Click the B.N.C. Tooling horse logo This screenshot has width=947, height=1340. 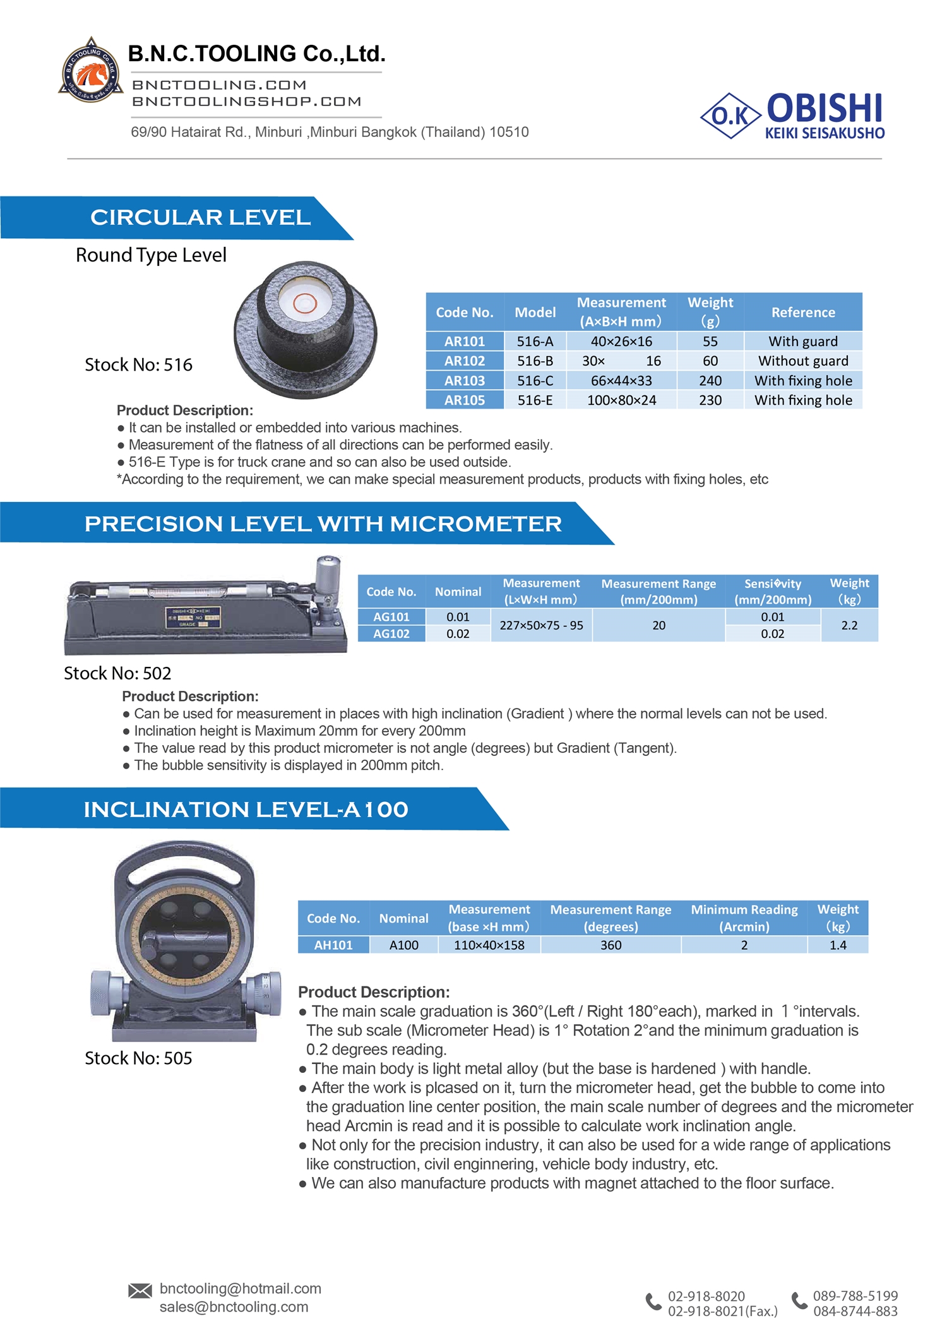click(x=91, y=71)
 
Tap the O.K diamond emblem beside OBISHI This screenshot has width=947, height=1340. click(x=730, y=116)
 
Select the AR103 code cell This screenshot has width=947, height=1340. click(x=465, y=381)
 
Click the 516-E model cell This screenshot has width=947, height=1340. click(x=535, y=400)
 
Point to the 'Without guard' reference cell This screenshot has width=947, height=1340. click(x=803, y=361)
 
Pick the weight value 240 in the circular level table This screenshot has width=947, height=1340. click(x=710, y=381)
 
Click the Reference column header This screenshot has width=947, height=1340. click(x=803, y=312)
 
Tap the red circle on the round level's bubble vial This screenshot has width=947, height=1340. click(x=305, y=304)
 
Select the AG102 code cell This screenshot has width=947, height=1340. click(x=391, y=634)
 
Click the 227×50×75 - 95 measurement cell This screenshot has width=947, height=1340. click(x=541, y=625)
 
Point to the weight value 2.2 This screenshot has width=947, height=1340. click(x=849, y=625)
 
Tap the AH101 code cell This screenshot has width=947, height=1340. click(x=333, y=945)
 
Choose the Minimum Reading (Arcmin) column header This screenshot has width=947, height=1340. click(x=744, y=918)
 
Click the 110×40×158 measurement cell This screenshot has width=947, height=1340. click(x=489, y=945)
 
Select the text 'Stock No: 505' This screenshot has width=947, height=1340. click(x=138, y=1058)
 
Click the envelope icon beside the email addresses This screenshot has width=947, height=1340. click(x=140, y=1291)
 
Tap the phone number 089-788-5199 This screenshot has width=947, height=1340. click(x=855, y=1296)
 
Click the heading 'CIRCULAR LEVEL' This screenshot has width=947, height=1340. click(x=200, y=217)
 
